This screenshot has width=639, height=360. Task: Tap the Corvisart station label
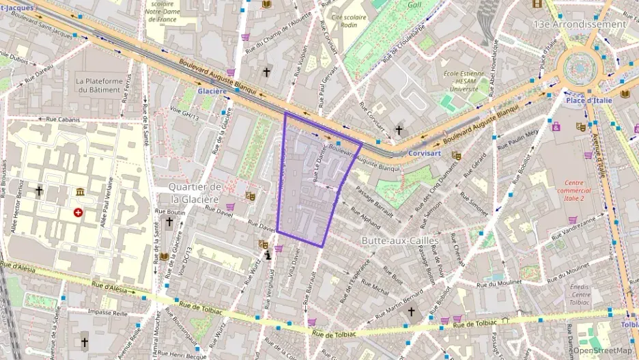tap(427, 154)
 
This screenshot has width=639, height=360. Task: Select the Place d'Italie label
tap(588, 100)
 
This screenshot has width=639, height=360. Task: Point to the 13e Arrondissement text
tap(578, 24)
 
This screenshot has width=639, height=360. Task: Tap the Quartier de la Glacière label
tap(195, 193)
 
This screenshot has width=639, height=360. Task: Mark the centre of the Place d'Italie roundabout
tap(580, 68)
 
